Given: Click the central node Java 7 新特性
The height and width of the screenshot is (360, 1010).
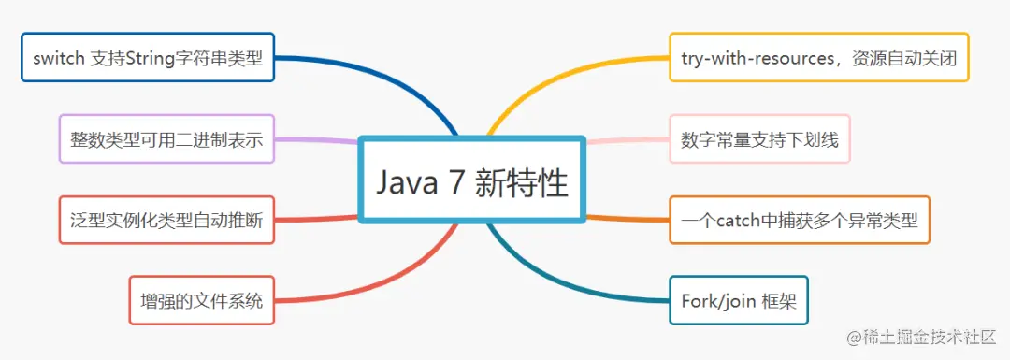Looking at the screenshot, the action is (471, 180).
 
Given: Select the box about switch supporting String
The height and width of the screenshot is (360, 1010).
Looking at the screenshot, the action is (148, 57).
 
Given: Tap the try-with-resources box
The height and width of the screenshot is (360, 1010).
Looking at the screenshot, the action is (818, 57).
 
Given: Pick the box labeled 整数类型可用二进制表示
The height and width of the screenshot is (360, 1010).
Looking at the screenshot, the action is (166, 139).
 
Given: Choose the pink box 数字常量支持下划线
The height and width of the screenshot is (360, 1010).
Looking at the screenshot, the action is (759, 139).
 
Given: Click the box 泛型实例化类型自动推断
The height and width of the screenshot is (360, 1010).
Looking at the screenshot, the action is (166, 220).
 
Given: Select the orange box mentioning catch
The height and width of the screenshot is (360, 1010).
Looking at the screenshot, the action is (800, 220).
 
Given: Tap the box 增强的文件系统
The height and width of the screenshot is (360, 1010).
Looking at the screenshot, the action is (202, 300).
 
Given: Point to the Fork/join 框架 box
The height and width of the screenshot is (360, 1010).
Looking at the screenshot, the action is (738, 300).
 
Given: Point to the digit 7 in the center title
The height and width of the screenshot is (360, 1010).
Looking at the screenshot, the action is (454, 182).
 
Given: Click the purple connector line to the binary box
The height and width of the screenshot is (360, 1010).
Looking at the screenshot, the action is (316, 139).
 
